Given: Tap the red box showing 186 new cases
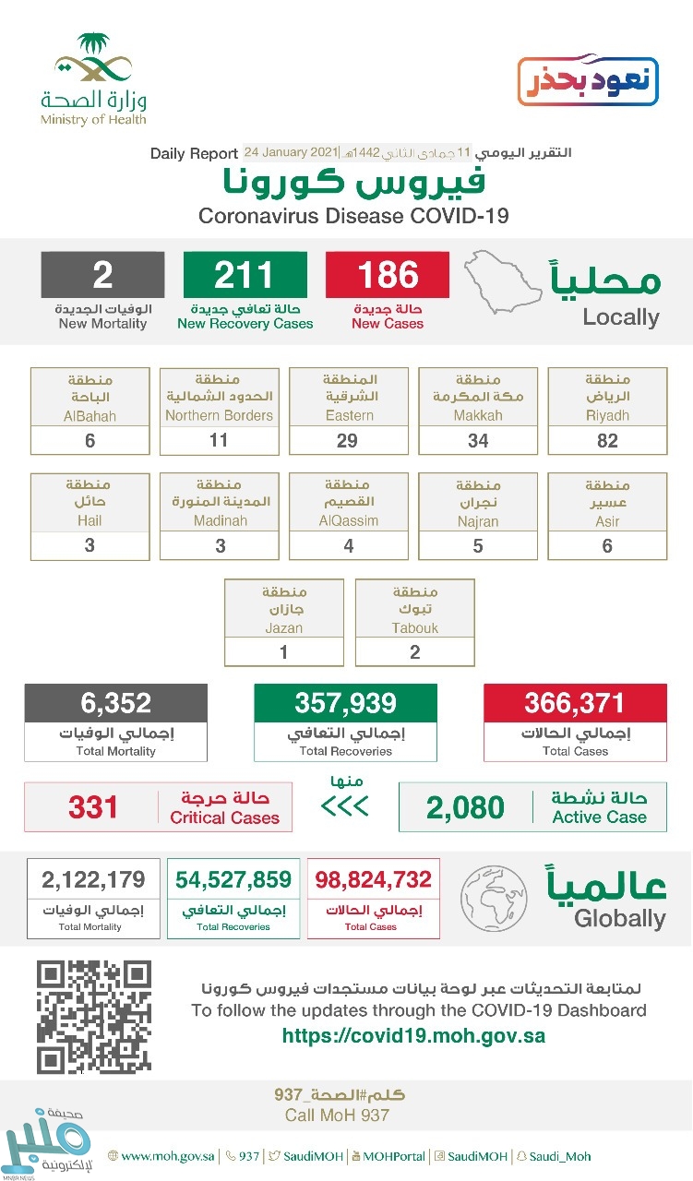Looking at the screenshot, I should point(387,275).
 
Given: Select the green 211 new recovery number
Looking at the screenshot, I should point(245,275).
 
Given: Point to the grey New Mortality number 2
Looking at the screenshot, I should point(102,275).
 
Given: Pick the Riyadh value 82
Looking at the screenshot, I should point(607,440).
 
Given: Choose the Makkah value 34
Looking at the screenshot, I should point(478,440).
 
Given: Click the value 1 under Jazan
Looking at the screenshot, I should point(284,652).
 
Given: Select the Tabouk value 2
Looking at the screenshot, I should point(415,652).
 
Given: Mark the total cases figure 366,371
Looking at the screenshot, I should point(575,704).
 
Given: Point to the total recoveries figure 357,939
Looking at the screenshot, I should point(345,704).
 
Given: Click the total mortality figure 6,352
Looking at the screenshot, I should point(115,704).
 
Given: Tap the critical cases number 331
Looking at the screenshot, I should point(93,807).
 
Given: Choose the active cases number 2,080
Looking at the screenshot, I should point(465,808).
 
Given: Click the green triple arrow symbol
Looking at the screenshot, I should point(344,807).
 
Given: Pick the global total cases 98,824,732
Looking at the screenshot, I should point(373,878).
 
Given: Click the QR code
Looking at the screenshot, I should point(93,1017).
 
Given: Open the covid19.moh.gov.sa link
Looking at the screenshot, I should point(413,1035).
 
